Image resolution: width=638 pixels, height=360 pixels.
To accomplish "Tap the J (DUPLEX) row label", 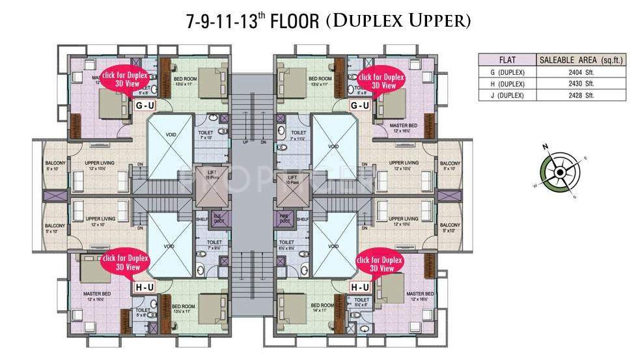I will coord(506,95).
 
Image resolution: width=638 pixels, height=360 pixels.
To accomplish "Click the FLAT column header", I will coord(506,60).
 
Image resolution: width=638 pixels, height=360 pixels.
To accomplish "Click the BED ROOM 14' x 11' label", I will coord(322,307).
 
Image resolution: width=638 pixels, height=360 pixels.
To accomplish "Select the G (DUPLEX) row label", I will coord(506,72).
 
